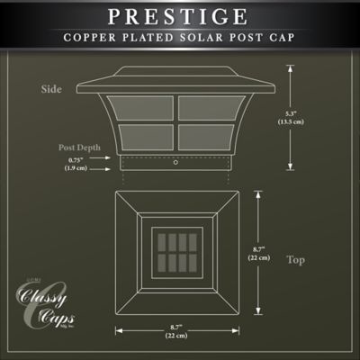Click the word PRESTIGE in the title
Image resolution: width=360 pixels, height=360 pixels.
click(x=180, y=17)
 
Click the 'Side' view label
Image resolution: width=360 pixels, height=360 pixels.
click(x=51, y=89)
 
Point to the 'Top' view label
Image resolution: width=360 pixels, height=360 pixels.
click(x=295, y=260)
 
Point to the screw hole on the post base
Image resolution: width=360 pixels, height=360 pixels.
click(x=175, y=164)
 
